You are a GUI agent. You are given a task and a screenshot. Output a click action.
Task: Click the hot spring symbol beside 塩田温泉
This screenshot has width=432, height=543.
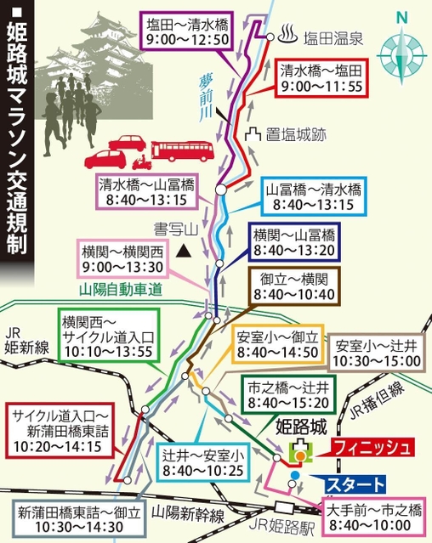click(x=286, y=36)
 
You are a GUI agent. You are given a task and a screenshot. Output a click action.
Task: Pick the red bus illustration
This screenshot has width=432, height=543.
click(x=179, y=149)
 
